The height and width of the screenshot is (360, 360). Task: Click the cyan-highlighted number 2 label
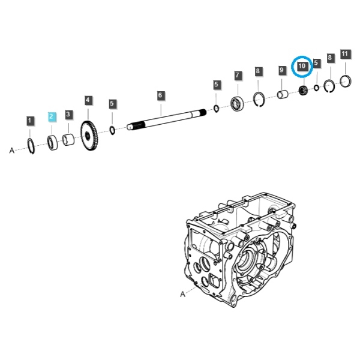tap(52, 117)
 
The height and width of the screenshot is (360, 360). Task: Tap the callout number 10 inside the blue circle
tap(302, 67)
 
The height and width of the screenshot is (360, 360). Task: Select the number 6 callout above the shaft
tap(161, 95)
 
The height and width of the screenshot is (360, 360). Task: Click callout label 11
tap(345, 54)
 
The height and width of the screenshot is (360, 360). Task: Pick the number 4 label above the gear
tap(88, 100)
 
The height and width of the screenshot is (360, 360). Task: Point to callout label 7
tap(238, 76)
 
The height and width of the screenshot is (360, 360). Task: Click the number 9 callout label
tap(282, 70)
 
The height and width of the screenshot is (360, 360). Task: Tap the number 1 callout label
tap(30, 121)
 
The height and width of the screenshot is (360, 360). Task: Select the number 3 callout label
tap(68, 115)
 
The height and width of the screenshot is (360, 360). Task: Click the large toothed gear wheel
tap(89, 136)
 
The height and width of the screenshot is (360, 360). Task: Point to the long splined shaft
tap(167, 119)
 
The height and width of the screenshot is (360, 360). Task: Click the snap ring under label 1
tap(31, 146)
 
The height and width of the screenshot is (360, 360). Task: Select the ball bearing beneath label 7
tap(237, 104)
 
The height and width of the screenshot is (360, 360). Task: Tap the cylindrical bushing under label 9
tap(283, 94)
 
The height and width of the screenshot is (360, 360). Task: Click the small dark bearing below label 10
tap(303, 90)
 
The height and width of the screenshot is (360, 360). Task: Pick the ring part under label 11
tap(346, 81)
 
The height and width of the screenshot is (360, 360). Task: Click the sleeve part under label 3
tap(68, 140)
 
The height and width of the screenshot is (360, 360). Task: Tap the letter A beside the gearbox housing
tap(182, 294)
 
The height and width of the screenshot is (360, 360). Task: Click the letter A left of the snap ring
tap(12, 151)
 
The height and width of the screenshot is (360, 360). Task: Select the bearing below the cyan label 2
tap(52, 143)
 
